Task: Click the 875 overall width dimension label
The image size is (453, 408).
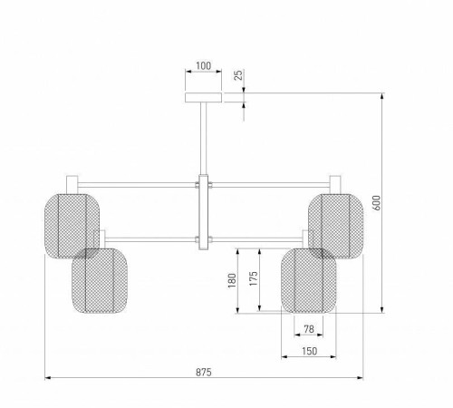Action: point(204,372)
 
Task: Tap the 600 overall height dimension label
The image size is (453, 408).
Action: point(377,202)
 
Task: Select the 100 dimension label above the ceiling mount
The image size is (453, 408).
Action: point(204,65)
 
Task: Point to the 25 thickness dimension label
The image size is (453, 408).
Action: point(238,75)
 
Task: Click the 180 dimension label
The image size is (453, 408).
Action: point(232,280)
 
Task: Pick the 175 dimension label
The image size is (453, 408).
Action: point(254,278)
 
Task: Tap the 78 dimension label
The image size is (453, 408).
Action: point(309,329)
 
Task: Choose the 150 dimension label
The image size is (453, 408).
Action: point(309,351)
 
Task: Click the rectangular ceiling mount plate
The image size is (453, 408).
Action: point(203,98)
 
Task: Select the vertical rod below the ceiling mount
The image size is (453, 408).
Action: point(203,139)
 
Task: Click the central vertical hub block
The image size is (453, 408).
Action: point(204,212)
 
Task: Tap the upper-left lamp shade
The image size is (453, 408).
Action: point(72,226)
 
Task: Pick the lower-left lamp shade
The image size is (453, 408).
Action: point(100,280)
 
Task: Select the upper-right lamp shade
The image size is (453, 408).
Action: point(336,226)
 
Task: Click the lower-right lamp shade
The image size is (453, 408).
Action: point(309,280)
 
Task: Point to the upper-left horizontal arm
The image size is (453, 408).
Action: point(137,185)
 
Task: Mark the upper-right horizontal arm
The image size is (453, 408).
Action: point(271,185)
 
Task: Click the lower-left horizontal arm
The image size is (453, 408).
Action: point(150,239)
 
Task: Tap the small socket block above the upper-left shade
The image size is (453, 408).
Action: point(72,185)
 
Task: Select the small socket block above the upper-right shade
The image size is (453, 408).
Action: point(335,185)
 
